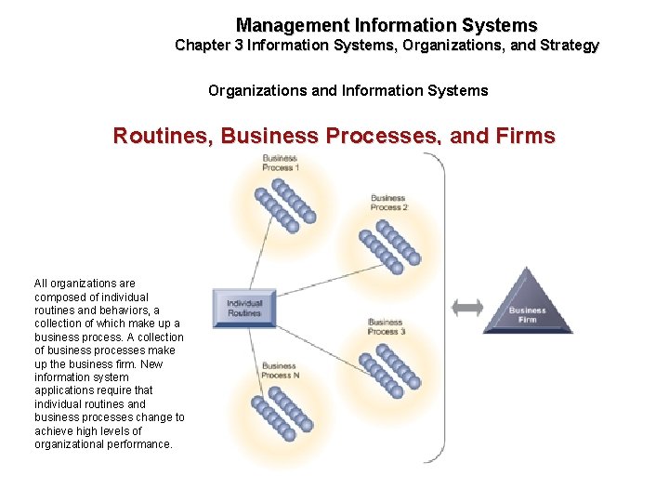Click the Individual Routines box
point(244,308)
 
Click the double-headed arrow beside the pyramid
point(466,308)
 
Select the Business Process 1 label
point(279,163)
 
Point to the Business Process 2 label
point(387,203)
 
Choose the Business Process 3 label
point(385,326)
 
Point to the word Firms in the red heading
point(526,137)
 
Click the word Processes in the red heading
point(388,137)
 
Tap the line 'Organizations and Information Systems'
point(348,90)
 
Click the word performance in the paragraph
point(140,444)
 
